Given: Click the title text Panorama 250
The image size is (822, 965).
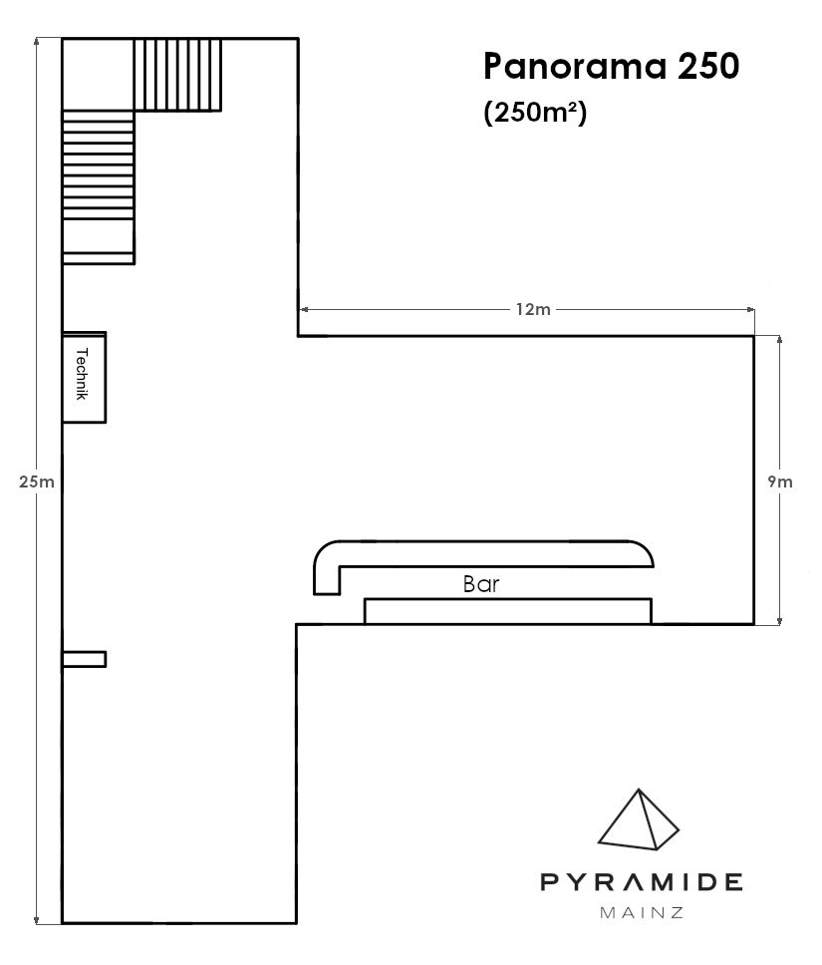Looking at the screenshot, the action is (x=611, y=67).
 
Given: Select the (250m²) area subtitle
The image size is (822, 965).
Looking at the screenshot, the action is (x=535, y=113).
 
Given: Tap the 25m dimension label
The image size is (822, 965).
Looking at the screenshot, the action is (x=36, y=482).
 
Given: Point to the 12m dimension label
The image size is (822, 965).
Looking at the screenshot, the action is (x=533, y=309).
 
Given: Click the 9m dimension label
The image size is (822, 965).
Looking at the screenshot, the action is (x=780, y=482).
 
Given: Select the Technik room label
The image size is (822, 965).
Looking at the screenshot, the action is (x=82, y=374).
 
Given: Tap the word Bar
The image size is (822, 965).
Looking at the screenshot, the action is (x=481, y=584).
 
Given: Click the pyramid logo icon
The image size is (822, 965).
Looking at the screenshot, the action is (x=639, y=819).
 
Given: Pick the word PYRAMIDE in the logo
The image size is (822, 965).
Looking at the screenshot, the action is (x=641, y=882).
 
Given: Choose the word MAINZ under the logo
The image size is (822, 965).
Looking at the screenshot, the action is (x=641, y=913).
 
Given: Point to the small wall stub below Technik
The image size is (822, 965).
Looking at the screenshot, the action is (x=85, y=659).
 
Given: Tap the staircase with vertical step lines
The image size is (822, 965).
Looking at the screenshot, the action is (x=177, y=75).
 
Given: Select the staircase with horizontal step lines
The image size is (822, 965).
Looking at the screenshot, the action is (x=99, y=187).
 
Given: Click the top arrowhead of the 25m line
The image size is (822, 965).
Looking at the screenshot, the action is (x=37, y=42).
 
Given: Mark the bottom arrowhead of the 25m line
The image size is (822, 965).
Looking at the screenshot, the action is (x=37, y=920).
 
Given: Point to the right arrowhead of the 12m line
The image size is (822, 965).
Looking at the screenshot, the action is (x=750, y=310).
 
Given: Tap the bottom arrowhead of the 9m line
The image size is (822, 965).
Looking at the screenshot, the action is (x=779, y=621).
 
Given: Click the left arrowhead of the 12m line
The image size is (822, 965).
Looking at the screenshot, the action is (x=304, y=310).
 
